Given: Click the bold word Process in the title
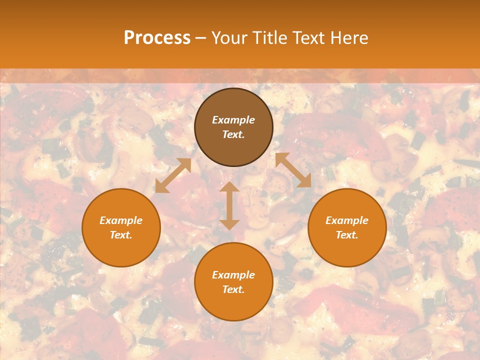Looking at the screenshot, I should pyautogui.click(x=157, y=38).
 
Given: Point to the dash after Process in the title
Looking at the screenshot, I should pyautogui.click(x=201, y=38).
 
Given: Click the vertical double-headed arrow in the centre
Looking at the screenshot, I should pyautogui.click(x=229, y=205).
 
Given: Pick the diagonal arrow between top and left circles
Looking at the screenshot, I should pyautogui.click(x=173, y=175).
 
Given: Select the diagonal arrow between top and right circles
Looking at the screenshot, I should pyautogui.click(x=293, y=170).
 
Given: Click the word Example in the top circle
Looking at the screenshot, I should pyautogui.click(x=233, y=120).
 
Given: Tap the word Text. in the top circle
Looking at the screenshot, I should pyautogui.click(x=233, y=134).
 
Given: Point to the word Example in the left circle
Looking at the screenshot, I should pyautogui.click(x=121, y=220).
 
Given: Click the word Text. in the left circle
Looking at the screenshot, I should pyautogui.click(x=121, y=235).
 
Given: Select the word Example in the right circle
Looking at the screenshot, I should pyautogui.click(x=347, y=220).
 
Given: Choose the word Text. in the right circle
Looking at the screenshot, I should pyautogui.click(x=347, y=235).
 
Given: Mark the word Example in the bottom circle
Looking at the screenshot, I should pyautogui.click(x=233, y=275).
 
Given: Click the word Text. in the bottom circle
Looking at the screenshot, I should pyautogui.click(x=233, y=289).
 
